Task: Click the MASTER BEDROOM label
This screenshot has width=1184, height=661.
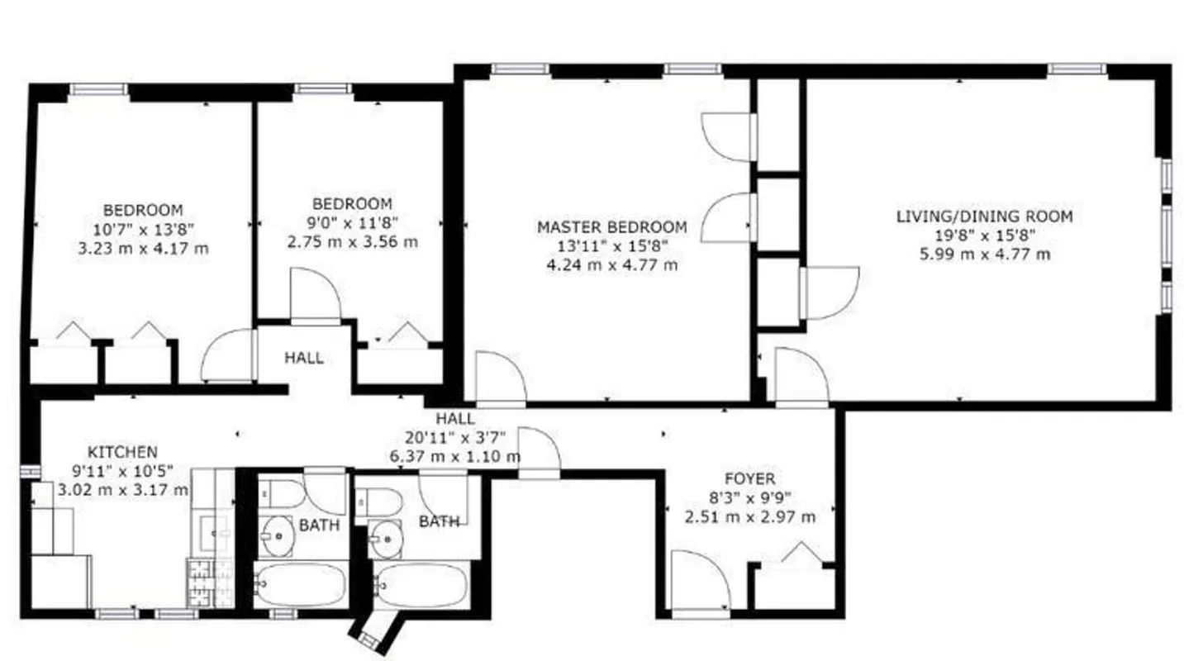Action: (x=611, y=227)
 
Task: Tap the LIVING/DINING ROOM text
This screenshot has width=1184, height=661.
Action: (x=984, y=216)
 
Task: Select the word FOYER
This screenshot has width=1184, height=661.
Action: (x=749, y=479)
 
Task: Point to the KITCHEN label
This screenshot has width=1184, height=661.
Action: (x=122, y=452)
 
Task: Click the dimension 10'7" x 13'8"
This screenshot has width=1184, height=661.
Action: (x=143, y=229)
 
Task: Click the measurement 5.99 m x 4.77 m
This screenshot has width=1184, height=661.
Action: (x=984, y=254)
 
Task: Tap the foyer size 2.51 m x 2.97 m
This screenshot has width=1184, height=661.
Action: (x=749, y=517)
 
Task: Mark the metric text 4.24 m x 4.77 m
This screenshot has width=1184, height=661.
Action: (x=611, y=265)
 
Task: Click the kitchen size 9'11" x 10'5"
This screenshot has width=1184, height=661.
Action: (x=122, y=471)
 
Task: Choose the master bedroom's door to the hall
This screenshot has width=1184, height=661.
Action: (x=500, y=378)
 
